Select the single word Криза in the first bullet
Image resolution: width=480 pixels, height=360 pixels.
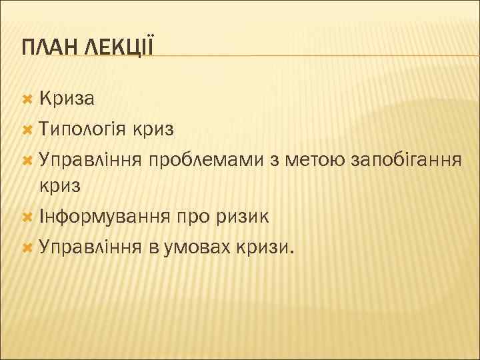pyautogui.click(x=66, y=99)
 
